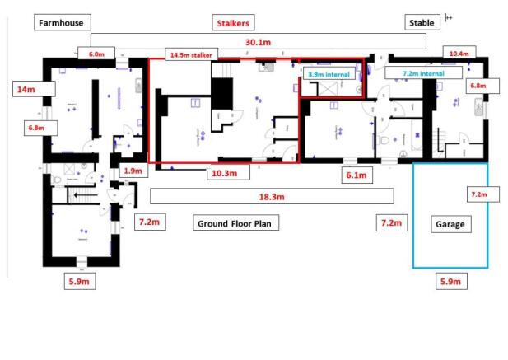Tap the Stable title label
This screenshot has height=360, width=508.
coord(421,22)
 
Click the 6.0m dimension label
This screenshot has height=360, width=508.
coord(97,54)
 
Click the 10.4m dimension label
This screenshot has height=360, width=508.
coord(459,54)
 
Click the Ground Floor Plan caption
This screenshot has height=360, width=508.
coord(236,222)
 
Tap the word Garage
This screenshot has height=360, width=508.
coord(450,223)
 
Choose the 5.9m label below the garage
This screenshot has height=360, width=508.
coord(450,282)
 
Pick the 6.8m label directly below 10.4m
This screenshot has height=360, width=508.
coord(478,85)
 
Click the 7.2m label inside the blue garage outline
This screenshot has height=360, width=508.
coord(478,194)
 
